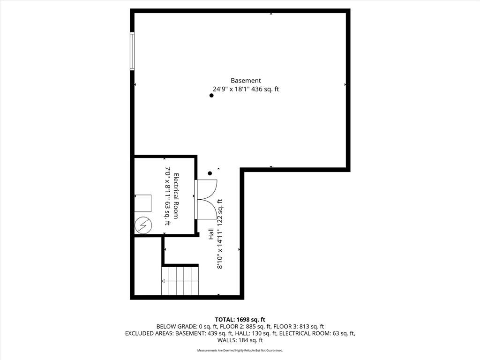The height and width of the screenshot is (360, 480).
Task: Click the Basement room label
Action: pyautogui.click(x=246, y=81)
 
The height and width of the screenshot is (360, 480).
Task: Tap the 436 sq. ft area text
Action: pyautogui.click(x=265, y=89)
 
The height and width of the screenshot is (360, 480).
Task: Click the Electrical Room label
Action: pyautogui.click(x=176, y=196)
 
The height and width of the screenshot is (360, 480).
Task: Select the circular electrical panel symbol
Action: pyautogui.click(x=143, y=225)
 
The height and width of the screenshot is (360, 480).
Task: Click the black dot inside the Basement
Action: pyautogui.click(x=211, y=96)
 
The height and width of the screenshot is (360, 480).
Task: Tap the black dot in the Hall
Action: pyautogui.click(x=210, y=173)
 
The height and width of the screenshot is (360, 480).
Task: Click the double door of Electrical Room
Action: pyautogui.click(x=206, y=199)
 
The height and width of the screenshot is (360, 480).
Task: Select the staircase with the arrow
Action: pyautogui.click(x=180, y=281)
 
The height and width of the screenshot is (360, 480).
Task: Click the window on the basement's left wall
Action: pyautogui.click(x=132, y=52)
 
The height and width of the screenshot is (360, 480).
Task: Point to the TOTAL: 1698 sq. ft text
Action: pyautogui.click(x=240, y=320)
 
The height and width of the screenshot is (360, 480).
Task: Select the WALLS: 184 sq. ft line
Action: pyautogui.click(x=240, y=340)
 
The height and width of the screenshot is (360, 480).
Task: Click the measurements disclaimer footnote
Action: pyautogui.click(x=240, y=350)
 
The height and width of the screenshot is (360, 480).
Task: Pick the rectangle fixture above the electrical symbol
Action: pyautogui.click(x=143, y=203)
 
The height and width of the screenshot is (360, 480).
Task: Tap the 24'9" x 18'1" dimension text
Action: pyautogui.click(x=232, y=89)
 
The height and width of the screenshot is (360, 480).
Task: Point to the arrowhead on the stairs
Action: pyautogui.click(x=163, y=281)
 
